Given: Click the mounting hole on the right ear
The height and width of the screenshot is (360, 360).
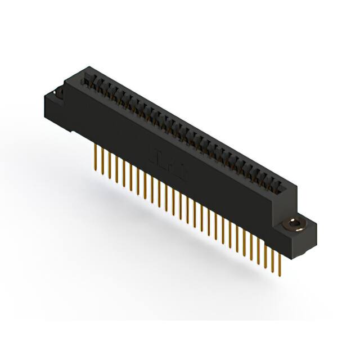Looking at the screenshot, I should click(x=294, y=224).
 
